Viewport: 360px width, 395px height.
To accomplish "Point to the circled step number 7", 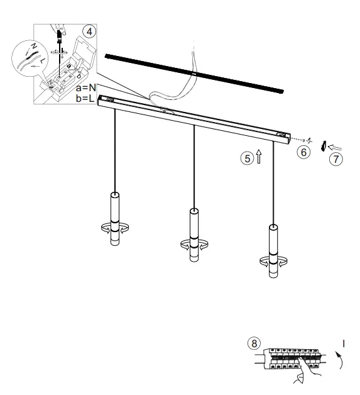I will [x=337, y=159].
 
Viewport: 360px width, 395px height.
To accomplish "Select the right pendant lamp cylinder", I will [x=273, y=249].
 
